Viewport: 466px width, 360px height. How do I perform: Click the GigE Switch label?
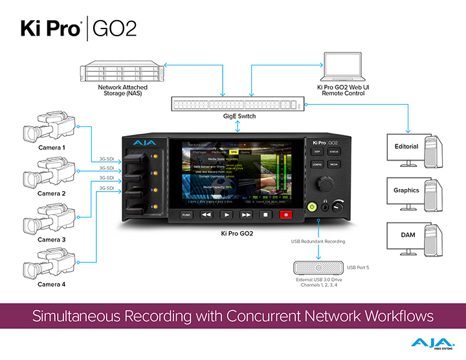click(239, 117)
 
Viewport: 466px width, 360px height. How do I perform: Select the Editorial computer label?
click(406, 146)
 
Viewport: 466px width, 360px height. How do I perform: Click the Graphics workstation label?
click(406, 190)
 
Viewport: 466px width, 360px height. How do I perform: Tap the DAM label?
click(406, 234)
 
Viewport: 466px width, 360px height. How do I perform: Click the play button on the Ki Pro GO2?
click(227, 214)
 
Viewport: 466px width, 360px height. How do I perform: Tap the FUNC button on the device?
click(186, 214)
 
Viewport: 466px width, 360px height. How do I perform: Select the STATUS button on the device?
click(334, 152)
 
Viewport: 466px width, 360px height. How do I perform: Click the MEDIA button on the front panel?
click(334, 164)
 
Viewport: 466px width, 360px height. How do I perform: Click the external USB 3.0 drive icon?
click(318, 267)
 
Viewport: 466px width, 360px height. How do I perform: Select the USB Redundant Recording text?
click(317, 242)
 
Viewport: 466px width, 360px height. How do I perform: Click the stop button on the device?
click(266, 214)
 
